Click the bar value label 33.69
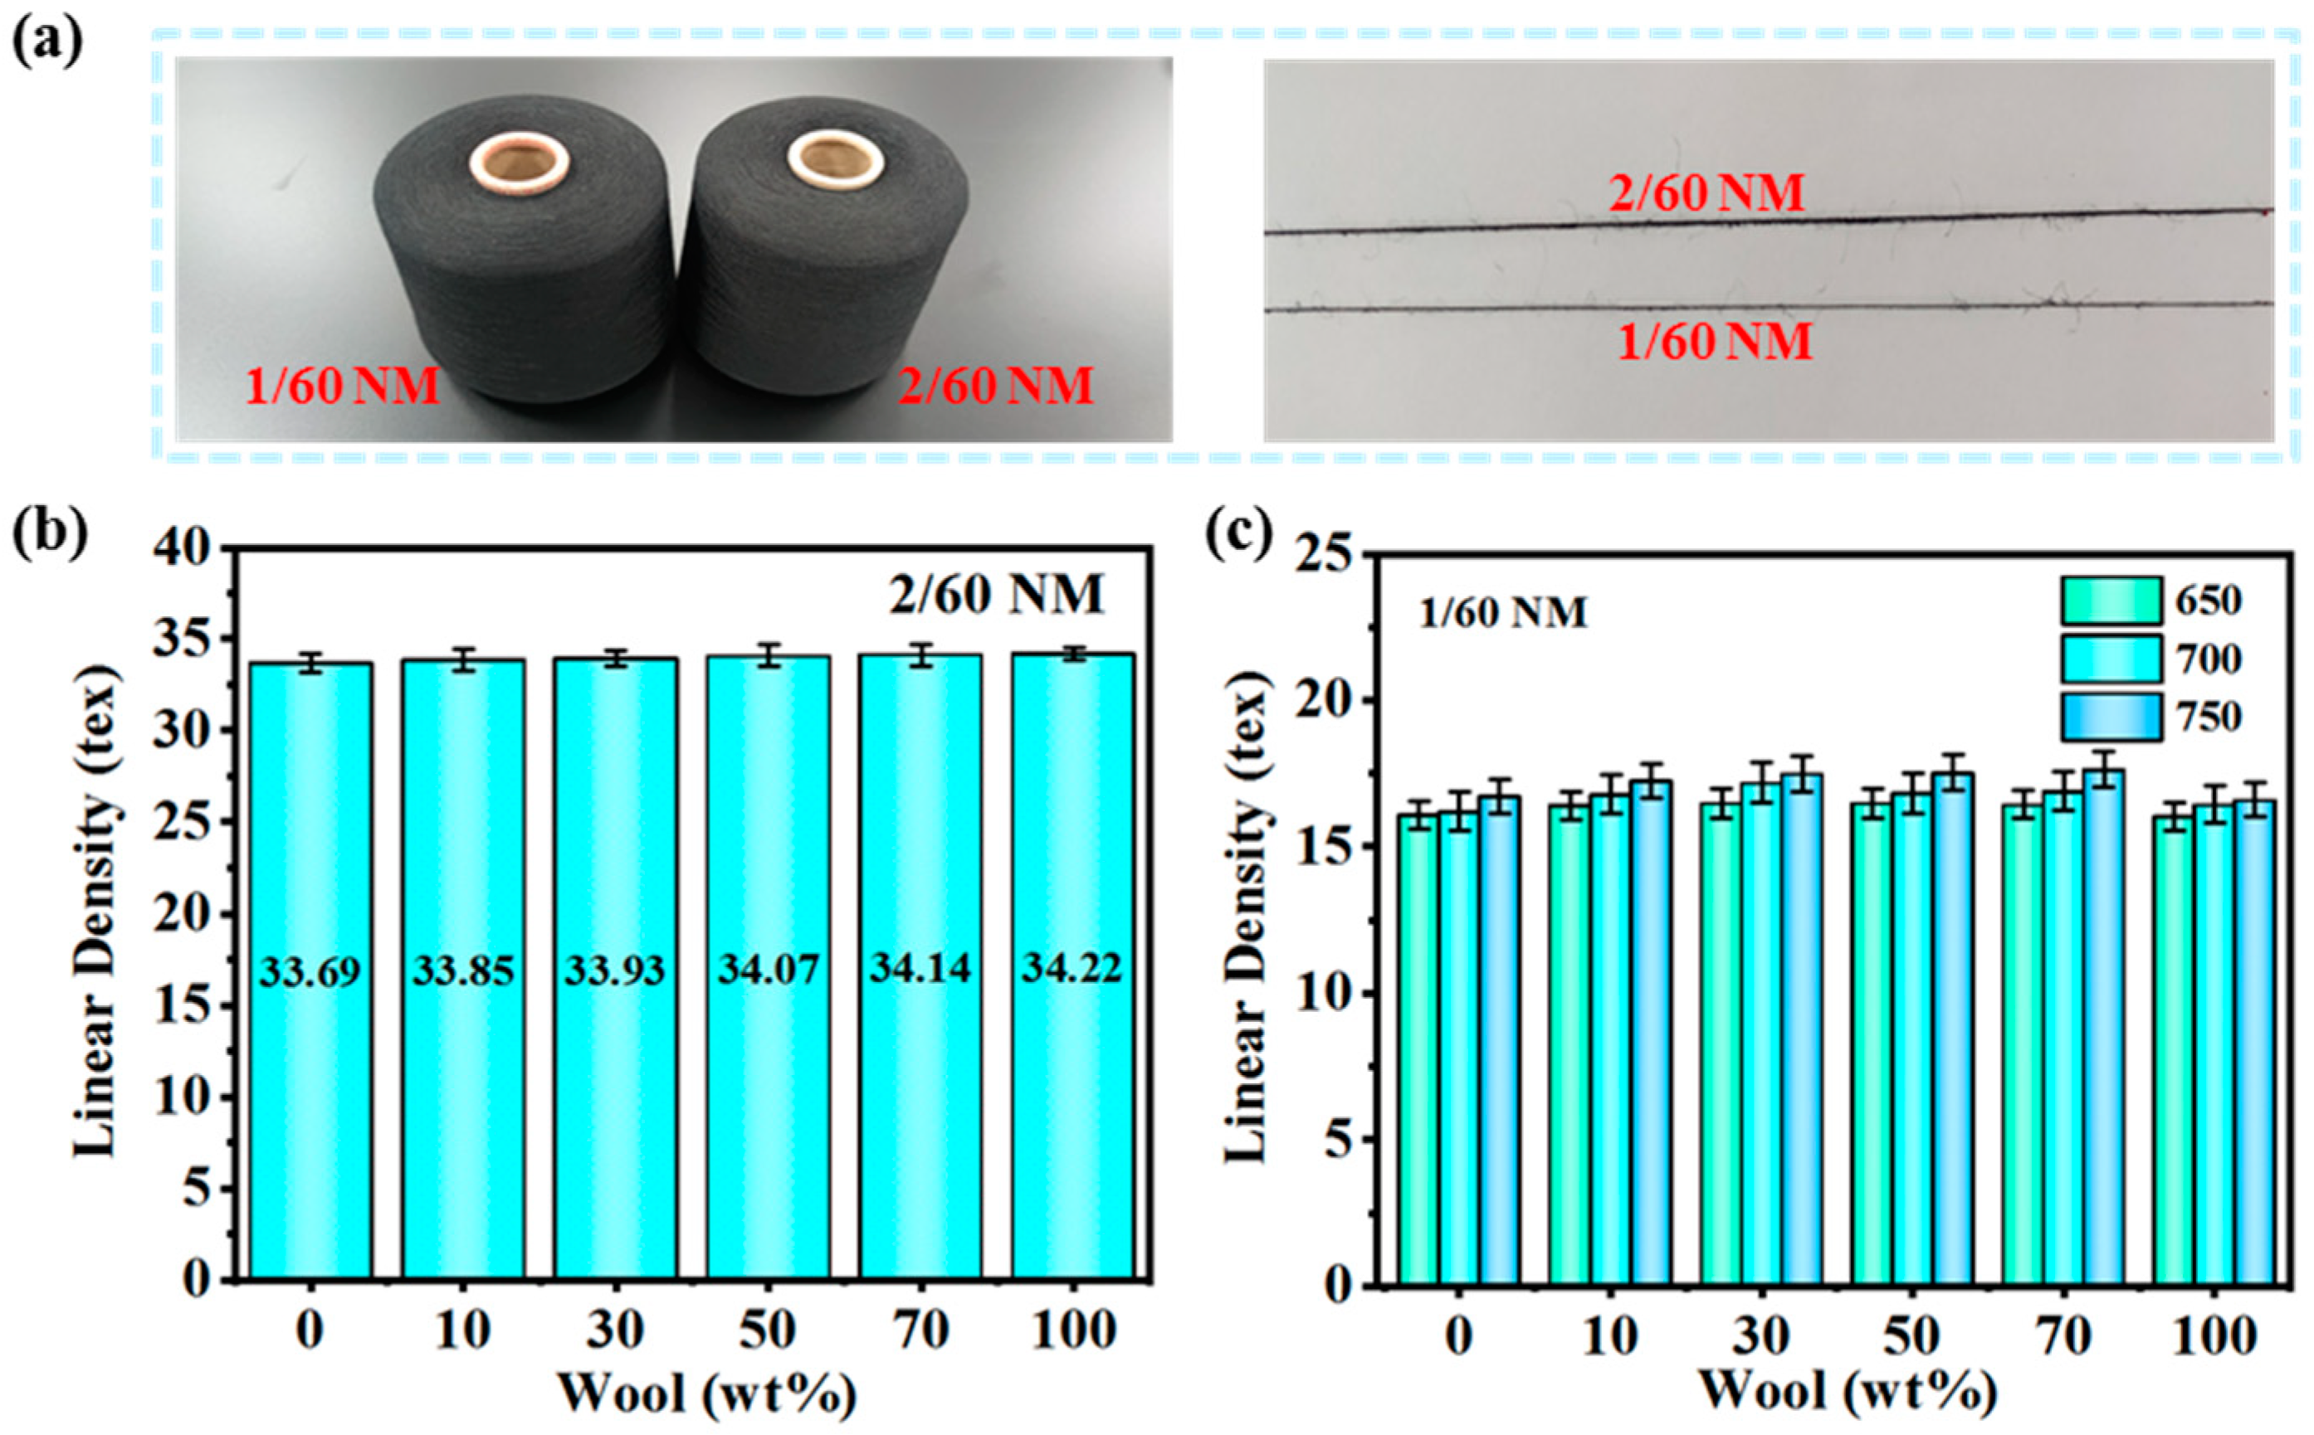click(310, 970)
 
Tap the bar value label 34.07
click(767, 969)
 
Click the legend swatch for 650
click(2109, 601)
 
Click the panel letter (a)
click(46, 39)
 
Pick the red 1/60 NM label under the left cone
click(343, 387)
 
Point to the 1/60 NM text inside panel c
click(1503, 613)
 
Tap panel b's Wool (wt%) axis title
click(706, 1394)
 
